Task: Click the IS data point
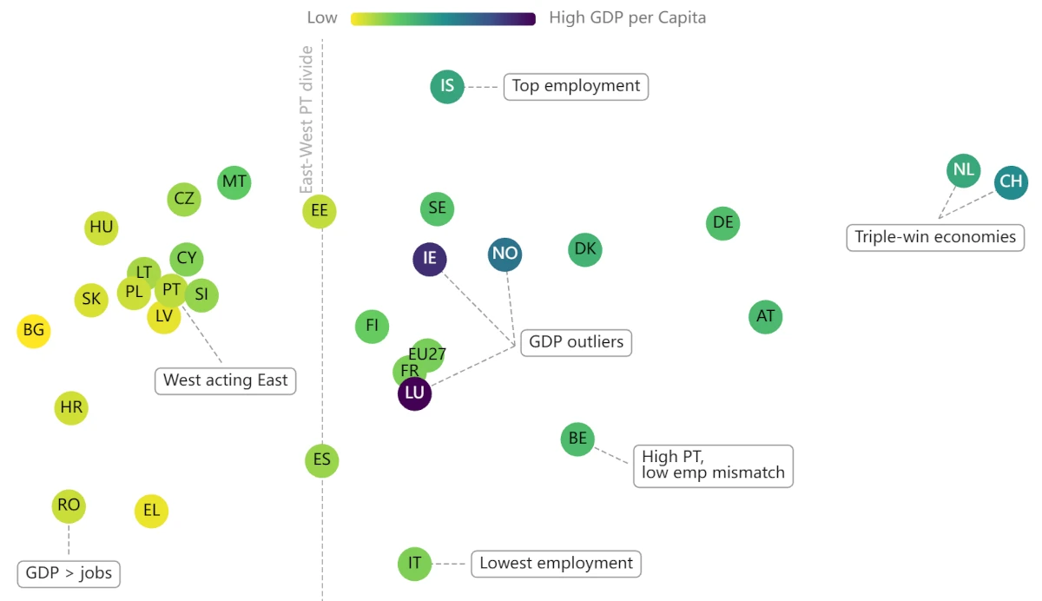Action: [447, 86]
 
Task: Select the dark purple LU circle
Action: [415, 393]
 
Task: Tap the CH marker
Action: [1011, 182]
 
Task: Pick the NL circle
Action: [963, 169]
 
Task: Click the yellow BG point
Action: [34, 330]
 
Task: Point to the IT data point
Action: [415, 564]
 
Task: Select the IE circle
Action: [430, 258]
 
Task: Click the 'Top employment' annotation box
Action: [576, 86]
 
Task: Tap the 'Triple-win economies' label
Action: [935, 237]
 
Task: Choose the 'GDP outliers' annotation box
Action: [576, 342]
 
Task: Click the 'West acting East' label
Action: [226, 380]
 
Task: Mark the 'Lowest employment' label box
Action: [556, 564]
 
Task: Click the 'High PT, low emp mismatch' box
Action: [713, 466]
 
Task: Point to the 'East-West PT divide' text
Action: [306, 120]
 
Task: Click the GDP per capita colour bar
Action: [443, 18]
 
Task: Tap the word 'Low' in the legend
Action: [321, 18]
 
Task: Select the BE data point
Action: [577, 439]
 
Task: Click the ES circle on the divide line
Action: [322, 459]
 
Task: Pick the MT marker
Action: [234, 182]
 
